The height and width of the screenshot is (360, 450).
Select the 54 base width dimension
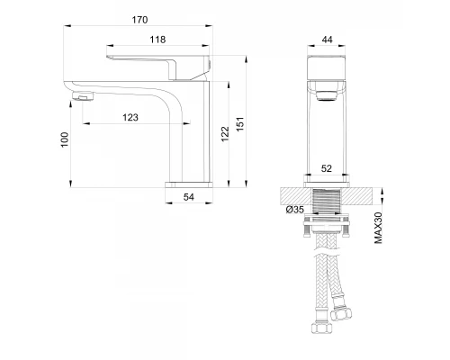point(188,196)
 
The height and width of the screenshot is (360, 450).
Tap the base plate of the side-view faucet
point(188,184)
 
